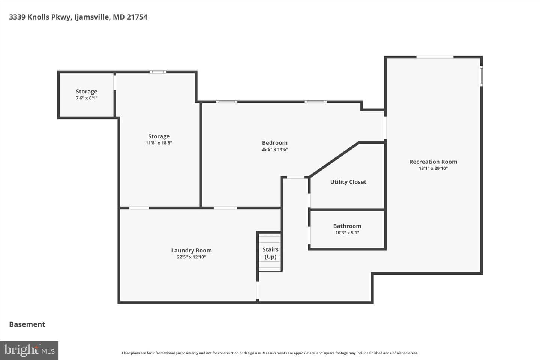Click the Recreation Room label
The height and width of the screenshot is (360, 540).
point(433,162)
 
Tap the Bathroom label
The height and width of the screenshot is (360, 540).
point(347,226)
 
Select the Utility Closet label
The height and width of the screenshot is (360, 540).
point(348,182)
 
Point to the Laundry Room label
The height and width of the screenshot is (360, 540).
point(191,250)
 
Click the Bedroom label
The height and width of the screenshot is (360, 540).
point(275,143)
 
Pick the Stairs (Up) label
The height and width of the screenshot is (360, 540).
point(270,253)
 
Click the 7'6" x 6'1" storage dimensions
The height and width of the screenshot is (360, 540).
point(87,98)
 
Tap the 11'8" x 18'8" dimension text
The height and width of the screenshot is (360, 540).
point(159,143)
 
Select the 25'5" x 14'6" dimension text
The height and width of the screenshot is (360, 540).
point(275,149)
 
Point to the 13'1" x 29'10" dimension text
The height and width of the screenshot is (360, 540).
point(433,168)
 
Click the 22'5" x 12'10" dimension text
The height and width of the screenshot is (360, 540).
point(191,257)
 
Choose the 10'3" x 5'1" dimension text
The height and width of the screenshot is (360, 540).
point(347,232)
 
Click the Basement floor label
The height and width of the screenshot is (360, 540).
point(27,324)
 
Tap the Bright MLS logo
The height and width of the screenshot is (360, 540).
point(29,350)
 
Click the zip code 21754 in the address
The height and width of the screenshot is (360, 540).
point(137,17)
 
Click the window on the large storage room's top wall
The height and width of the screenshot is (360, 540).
point(157,72)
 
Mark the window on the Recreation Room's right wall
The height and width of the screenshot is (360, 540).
point(481,76)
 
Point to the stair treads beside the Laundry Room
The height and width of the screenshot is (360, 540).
point(270,252)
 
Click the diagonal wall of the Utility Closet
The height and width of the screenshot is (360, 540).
point(334,160)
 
